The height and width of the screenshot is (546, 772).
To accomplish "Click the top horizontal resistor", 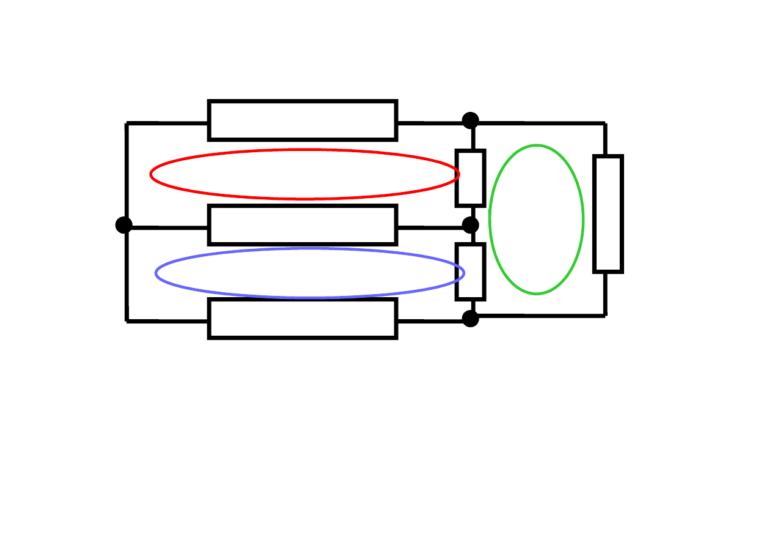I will (303, 120).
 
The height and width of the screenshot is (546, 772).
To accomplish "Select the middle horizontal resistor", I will (303, 225).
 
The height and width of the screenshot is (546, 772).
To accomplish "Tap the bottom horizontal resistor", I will (303, 318).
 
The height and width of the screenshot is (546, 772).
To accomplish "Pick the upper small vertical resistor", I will (470, 178).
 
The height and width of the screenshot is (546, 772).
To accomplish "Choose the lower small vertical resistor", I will (470, 271).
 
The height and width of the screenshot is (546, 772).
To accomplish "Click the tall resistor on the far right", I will (608, 214).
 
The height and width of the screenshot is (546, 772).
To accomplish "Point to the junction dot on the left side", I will (124, 225).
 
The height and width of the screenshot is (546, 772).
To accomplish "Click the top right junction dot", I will (470, 120).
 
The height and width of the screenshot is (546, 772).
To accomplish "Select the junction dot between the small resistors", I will (470, 225).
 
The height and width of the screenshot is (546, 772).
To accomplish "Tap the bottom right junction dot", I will (470, 319).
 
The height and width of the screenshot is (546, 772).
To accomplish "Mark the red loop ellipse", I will (304, 150).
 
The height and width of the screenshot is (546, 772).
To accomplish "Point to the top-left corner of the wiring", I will (127, 124).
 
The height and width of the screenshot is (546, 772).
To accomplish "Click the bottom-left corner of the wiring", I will (127, 320).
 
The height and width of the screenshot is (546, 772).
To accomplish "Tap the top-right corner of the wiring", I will (605, 124).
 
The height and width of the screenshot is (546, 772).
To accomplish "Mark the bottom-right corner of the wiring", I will (605, 315).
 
